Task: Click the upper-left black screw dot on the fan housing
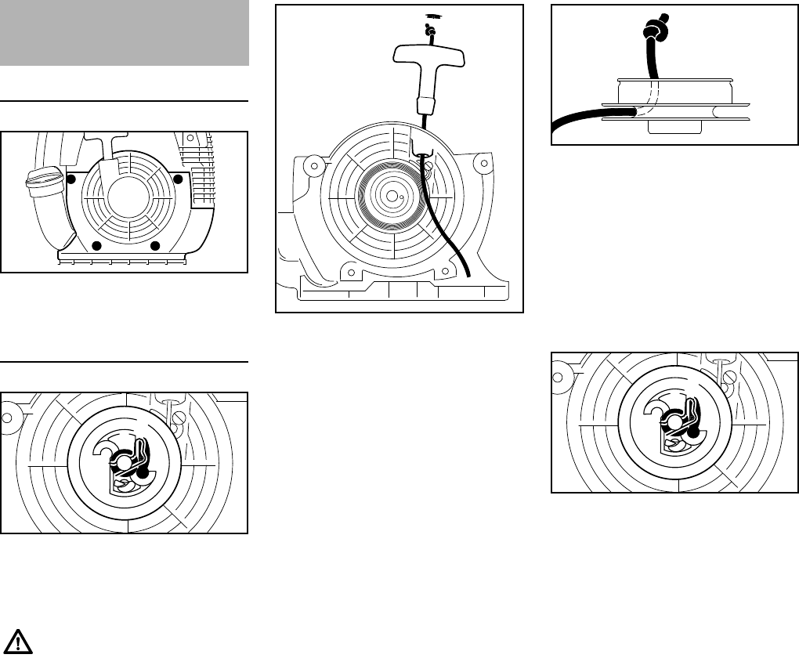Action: pyautogui.click(x=71, y=179)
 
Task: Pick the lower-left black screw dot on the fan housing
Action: pyautogui.click(x=97, y=246)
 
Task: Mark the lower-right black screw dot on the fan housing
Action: pyautogui.click(x=155, y=246)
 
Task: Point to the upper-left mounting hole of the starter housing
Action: pyautogui.click(x=315, y=164)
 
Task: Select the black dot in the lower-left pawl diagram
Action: pyautogui.click(x=142, y=473)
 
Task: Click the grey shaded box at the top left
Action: pyautogui.click(x=125, y=33)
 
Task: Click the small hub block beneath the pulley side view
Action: pyautogui.click(x=669, y=128)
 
